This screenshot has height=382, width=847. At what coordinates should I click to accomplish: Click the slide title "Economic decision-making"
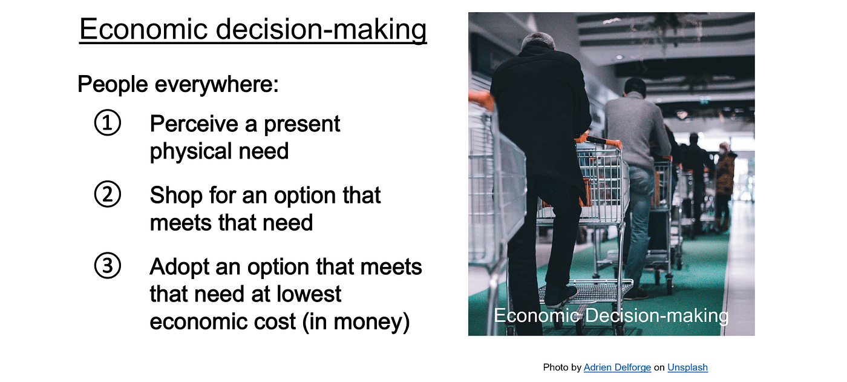pyautogui.click(x=253, y=30)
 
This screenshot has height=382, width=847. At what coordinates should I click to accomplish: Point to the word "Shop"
pyautogui.click(x=176, y=195)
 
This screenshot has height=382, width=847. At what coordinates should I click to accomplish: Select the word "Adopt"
pyautogui.click(x=179, y=268)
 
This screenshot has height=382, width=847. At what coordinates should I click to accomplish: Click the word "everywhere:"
pyautogui.click(x=217, y=84)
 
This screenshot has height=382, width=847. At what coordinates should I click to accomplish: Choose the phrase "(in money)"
pyautogui.click(x=356, y=322)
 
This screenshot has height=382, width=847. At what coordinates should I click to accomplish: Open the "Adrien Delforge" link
pyautogui.click(x=617, y=367)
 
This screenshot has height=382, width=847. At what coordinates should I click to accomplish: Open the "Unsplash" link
pyautogui.click(x=687, y=367)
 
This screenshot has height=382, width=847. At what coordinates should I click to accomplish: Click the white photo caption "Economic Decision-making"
pyautogui.click(x=611, y=315)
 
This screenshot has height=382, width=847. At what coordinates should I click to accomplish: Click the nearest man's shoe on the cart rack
pyautogui.click(x=560, y=295)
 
